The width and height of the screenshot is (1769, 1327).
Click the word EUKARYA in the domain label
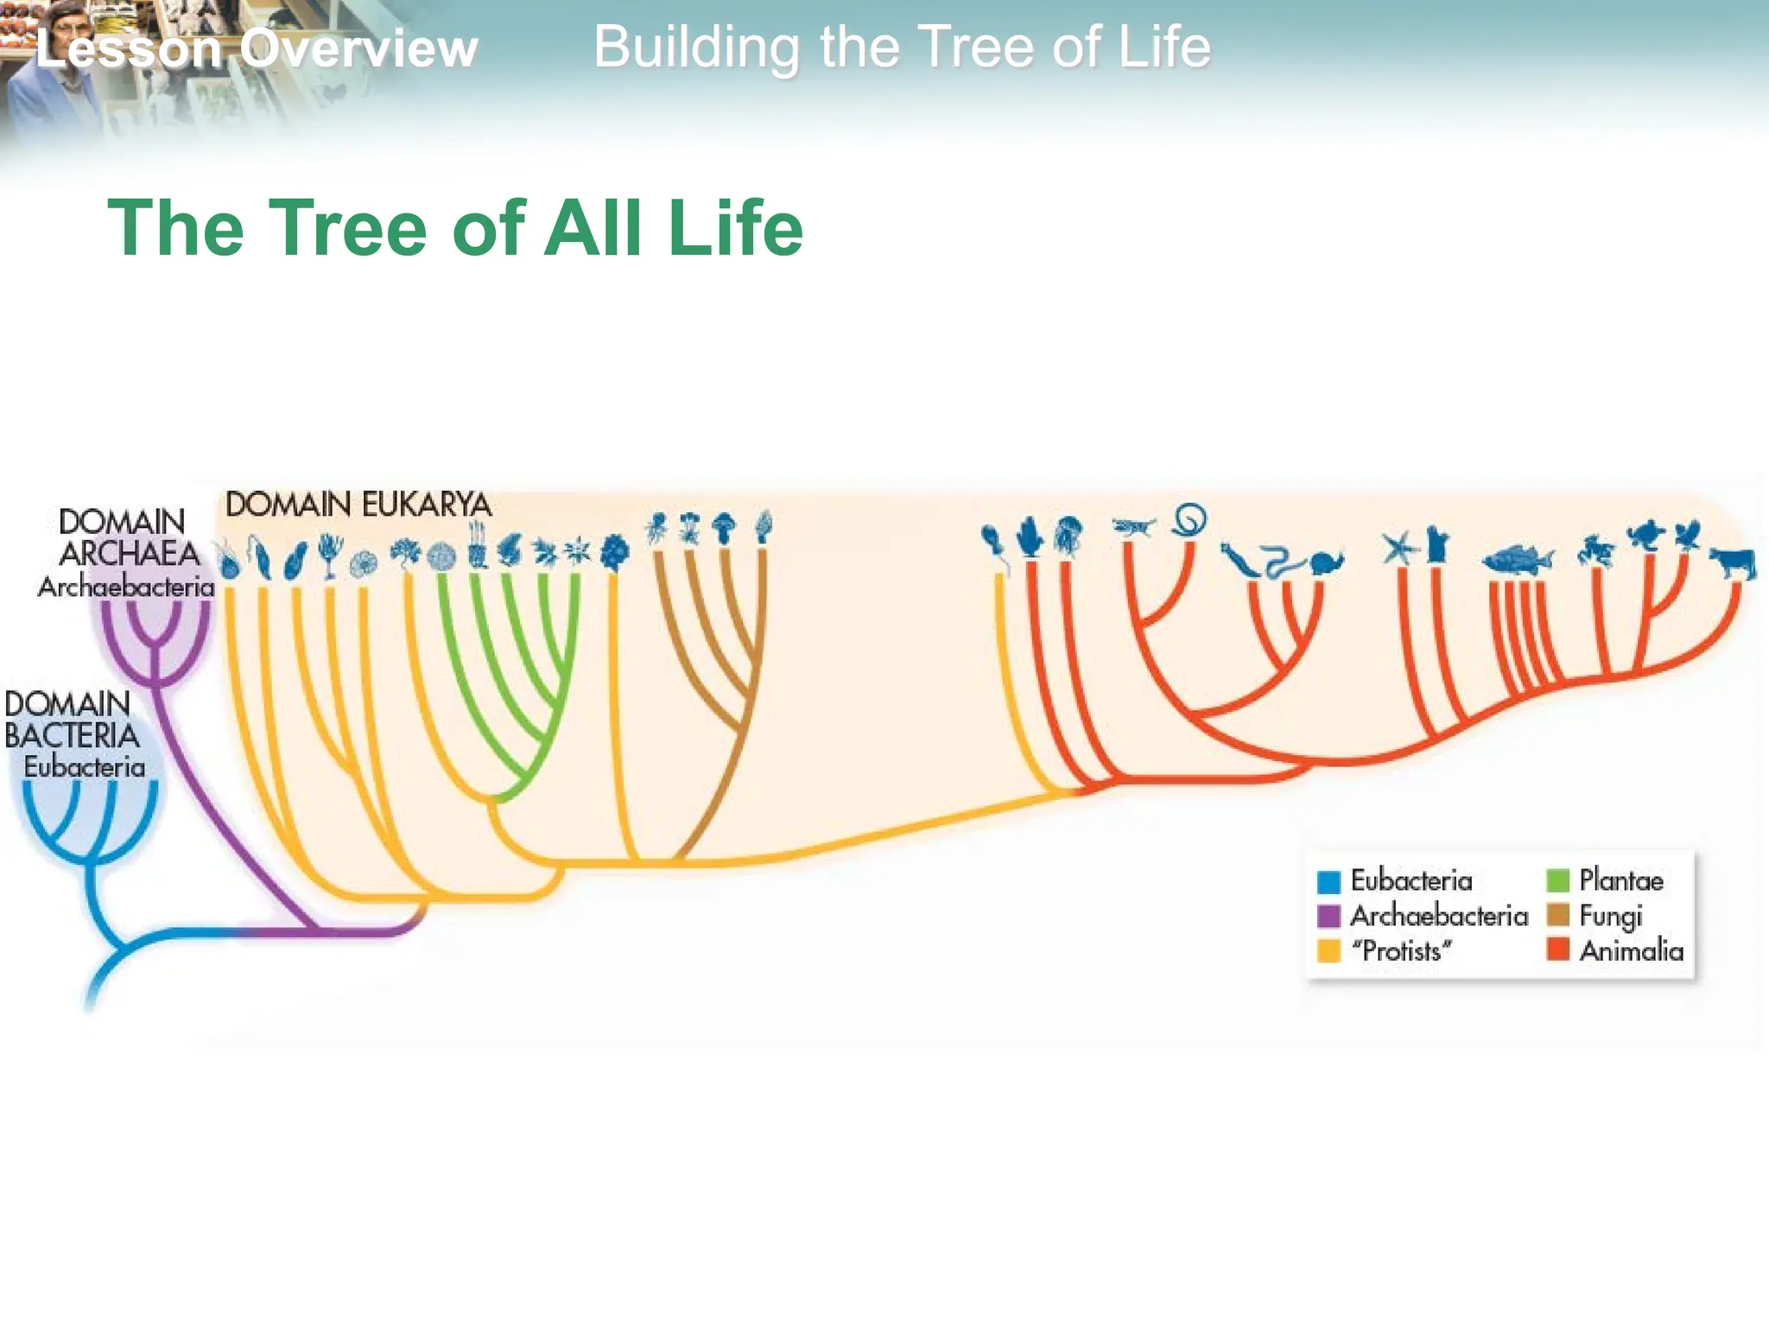click(426, 505)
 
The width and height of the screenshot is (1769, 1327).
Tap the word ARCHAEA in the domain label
click(130, 554)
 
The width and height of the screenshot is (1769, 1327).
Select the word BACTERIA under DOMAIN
click(72, 736)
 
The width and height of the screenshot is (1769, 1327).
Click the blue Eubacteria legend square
click(1328, 882)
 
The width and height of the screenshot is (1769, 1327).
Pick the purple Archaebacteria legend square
click(1328, 916)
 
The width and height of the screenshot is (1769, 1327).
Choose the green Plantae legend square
click(1557, 881)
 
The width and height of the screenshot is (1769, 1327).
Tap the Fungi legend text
click(1610, 916)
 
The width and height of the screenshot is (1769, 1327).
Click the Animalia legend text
click(1631, 951)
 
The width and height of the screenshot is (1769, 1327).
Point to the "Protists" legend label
click(1401, 951)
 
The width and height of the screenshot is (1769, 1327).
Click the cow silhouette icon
click(1733, 563)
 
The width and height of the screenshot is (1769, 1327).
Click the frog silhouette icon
click(1596, 549)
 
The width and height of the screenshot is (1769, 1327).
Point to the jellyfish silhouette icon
click(1068, 534)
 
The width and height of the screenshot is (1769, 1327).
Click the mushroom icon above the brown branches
click(724, 525)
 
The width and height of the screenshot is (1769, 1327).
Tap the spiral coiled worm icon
click(1189, 520)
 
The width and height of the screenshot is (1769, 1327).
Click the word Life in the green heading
click(735, 228)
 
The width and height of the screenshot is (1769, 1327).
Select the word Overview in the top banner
click(358, 48)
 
